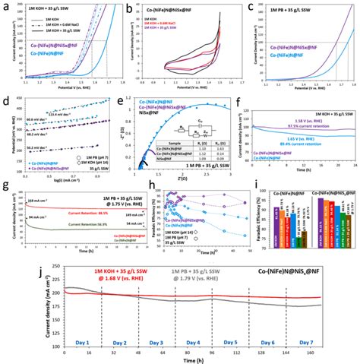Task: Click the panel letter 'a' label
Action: click(5, 6)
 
